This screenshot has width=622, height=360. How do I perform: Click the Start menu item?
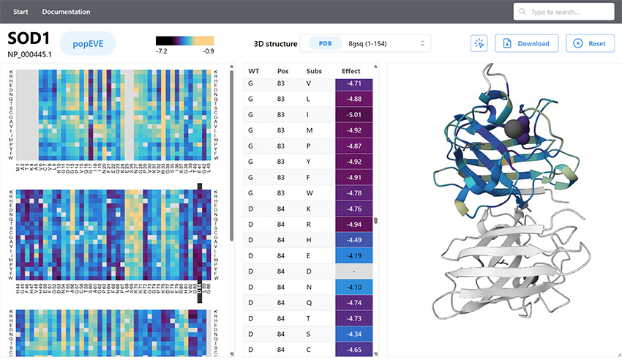[x=21, y=12]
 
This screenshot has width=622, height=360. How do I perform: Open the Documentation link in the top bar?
[x=66, y=12]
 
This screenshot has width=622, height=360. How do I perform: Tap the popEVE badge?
[x=87, y=44]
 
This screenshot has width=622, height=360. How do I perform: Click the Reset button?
[x=590, y=43]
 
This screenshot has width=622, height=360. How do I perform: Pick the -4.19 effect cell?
[x=354, y=255]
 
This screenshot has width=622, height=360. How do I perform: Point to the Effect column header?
[x=351, y=71]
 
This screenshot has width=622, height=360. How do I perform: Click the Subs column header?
[x=314, y=71]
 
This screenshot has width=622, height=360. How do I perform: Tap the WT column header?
[x=254, y=71]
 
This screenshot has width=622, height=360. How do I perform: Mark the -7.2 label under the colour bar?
[x=162, y=51]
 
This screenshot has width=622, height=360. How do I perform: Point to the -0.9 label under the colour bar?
[x=208, y=51]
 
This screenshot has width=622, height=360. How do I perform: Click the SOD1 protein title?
[x=29, y=39]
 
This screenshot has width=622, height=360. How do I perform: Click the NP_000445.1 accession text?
[x=29, y=53]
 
